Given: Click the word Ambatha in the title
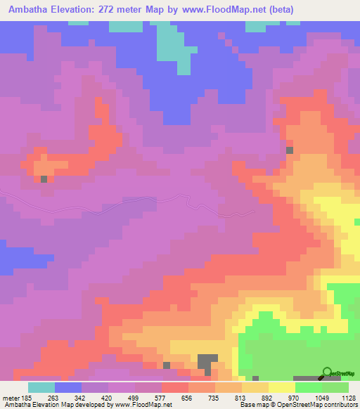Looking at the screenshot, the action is tap(27, 9).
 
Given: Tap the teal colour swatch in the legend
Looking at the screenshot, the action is tap(41, 387).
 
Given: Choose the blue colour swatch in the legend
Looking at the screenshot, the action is tap(68, 387).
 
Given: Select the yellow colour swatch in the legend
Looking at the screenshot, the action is tap(281, 387).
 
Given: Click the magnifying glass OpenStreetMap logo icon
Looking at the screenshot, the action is tap(327, 372).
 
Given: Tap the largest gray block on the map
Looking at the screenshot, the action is tap(207, 362).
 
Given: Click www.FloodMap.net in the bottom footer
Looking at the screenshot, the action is tap(143, 405).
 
